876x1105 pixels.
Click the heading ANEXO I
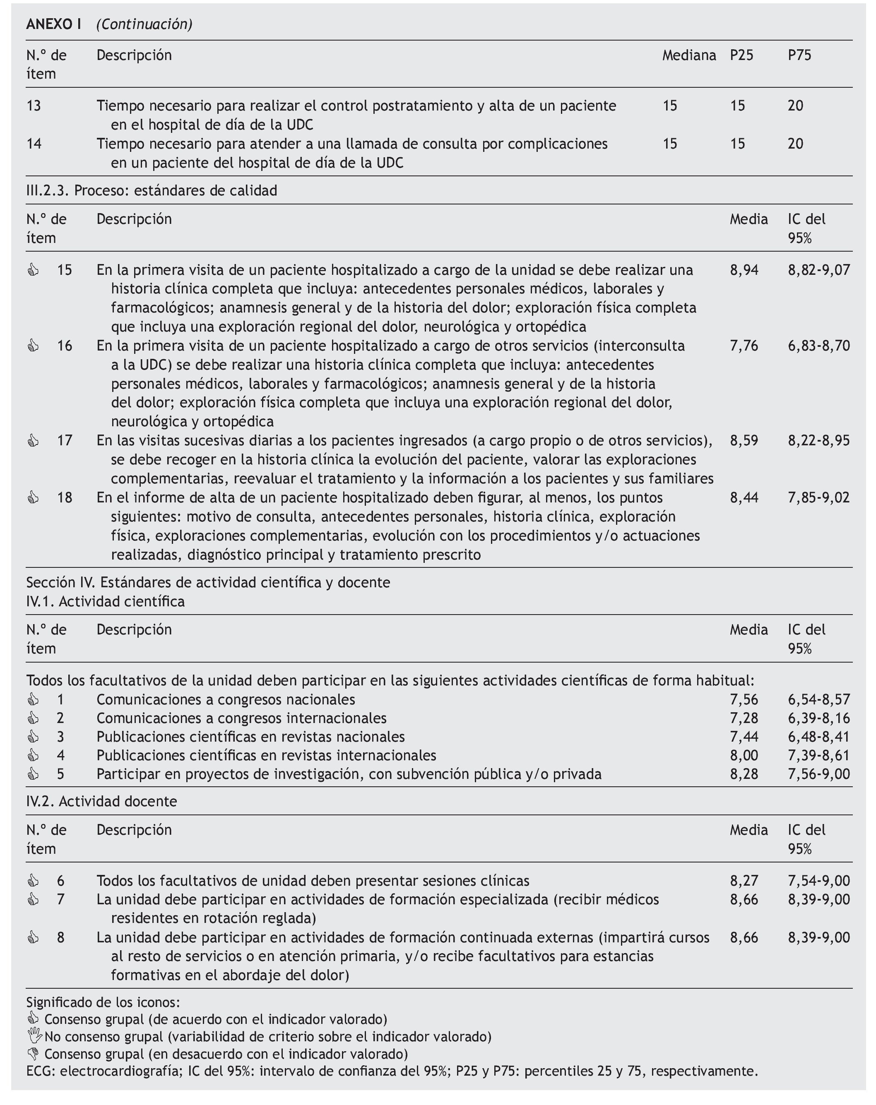pos(53,24)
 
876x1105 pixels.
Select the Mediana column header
pos(688,55)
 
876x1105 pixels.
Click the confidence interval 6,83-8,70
pos(818,346)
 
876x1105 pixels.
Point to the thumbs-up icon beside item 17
pos(33,441)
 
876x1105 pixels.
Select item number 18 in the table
pos(65,497)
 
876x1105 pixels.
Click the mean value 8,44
pos(744,497)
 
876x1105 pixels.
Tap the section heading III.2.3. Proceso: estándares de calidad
pos(152,191)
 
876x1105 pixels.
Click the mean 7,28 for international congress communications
pos(744,718)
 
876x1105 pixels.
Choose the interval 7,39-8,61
pos(818,755)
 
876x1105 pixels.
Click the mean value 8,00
pos(744,755)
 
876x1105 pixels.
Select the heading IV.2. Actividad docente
pos(101,801)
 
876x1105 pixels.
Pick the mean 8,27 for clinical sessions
pos(744,881)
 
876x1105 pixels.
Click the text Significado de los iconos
pos(103,1002)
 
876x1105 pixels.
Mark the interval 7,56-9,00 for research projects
pos(818,773)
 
